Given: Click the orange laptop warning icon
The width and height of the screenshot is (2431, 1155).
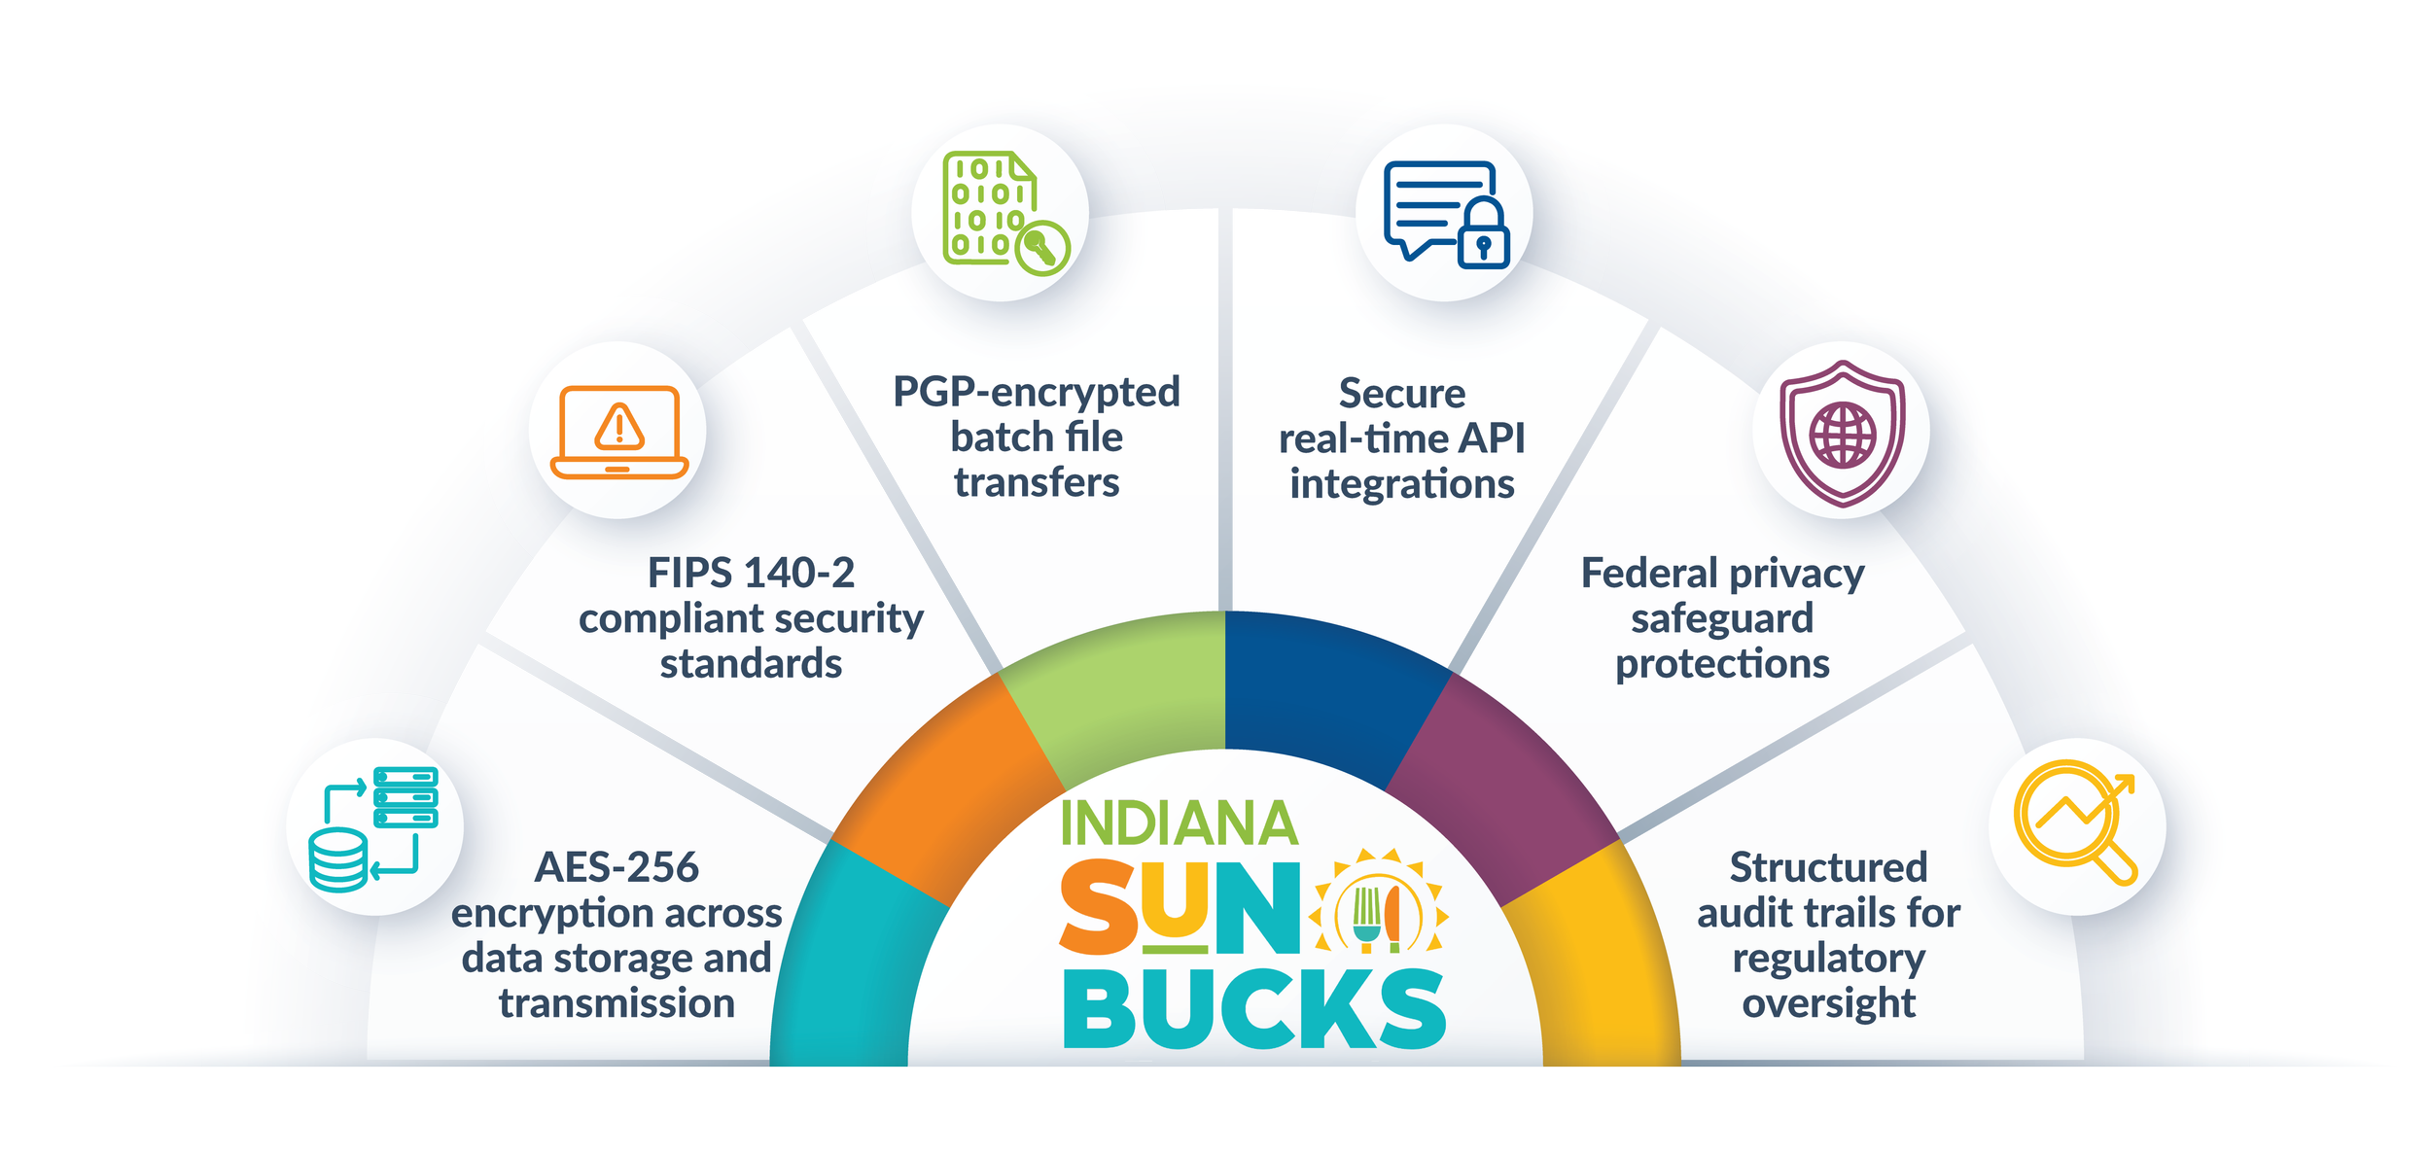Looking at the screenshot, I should click(x=618, y=432).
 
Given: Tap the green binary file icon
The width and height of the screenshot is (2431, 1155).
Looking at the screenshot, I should click(x=1002, y=212).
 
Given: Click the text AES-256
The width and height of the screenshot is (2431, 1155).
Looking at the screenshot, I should click(x=617, y=867).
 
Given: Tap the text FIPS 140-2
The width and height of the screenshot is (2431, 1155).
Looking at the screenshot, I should click(x=751, y=573).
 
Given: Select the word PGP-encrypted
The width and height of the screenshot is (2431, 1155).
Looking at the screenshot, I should click(x=1037, y=392).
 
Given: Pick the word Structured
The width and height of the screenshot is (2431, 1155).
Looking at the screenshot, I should click(x=1828, y=867).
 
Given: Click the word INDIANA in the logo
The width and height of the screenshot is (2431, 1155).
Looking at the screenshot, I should click(x=1179, y=823).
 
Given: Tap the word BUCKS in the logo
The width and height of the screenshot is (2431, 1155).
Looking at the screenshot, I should click(x=1254, y=1011).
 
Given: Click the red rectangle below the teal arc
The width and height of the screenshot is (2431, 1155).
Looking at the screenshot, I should click(x=838, y=1078).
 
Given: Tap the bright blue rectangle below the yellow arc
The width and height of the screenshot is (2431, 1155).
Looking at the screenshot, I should click(x=1611, y=1078).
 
